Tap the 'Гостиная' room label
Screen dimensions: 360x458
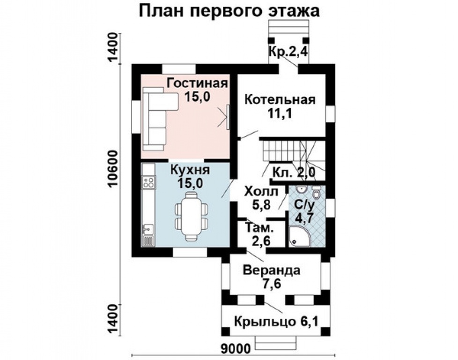coord(197,83)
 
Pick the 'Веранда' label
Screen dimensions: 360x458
coord(272,270)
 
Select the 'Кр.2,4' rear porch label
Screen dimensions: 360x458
coord(288,52)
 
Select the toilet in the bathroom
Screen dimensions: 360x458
coord(317,193)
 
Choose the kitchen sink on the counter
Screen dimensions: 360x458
coord(148,229)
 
